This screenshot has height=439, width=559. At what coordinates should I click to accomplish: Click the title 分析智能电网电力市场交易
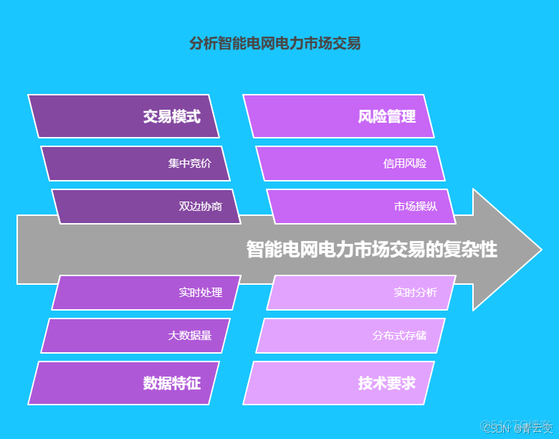pos(274,44)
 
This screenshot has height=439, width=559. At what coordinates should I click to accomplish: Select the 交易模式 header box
pos(123,116)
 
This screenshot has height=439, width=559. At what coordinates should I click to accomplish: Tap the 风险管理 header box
pos(338,116)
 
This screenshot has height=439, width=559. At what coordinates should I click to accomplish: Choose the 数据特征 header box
pos(123,383)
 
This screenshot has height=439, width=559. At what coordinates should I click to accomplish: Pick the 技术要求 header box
pos(338,383)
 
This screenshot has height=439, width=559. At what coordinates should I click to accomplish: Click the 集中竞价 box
pos(135,164)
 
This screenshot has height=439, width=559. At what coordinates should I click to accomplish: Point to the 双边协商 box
pos(146,207)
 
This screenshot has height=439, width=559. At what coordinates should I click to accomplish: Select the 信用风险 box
pos(350,164)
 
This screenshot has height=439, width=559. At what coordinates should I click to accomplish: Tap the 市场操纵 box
pos(361,207)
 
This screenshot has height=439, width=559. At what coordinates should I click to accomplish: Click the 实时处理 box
pos(146,293)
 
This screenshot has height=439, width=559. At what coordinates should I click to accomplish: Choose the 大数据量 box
pos(135,336)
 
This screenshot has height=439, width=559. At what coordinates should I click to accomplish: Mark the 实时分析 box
pos(361,293)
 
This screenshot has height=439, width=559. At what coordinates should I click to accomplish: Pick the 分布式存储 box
pos(350,336)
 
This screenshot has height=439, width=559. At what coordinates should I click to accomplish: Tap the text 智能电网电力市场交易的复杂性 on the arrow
pos(371,250)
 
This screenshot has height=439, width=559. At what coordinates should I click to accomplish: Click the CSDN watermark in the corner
pos(517,428)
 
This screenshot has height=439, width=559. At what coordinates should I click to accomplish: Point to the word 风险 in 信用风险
pos(416,164)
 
